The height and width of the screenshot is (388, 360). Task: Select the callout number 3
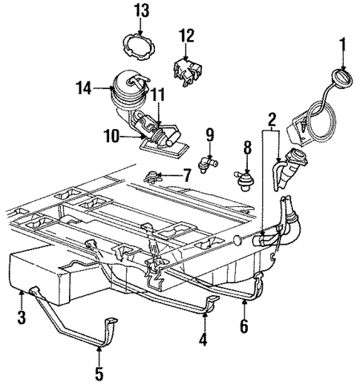click(22, 318)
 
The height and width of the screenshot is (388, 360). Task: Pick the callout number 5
click(99, 372)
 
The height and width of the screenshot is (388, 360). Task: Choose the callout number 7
click(186, 177)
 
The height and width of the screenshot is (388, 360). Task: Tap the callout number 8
click(247, 147)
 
